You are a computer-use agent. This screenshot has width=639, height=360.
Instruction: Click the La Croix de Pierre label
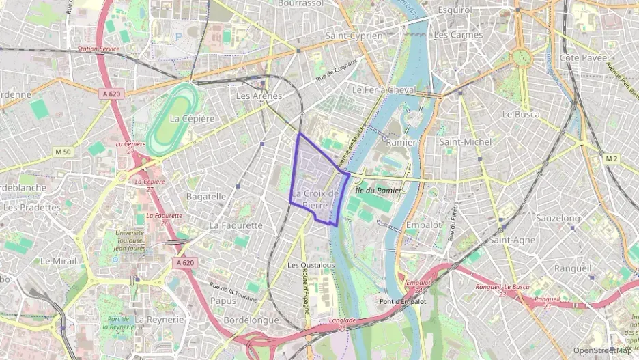pos(315,199)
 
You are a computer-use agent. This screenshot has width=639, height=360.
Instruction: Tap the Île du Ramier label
pos(378,190)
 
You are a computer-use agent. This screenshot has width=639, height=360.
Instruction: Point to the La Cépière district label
pos(192,119)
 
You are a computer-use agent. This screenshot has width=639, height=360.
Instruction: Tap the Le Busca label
pos(520,115)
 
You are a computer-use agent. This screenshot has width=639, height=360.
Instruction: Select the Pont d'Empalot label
pos(403,301)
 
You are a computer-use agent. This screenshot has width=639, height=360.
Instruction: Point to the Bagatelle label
pos(206,196)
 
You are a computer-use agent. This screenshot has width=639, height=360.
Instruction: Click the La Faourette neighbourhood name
pos(236,225)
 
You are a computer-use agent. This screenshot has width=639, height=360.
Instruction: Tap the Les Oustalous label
pos(311,265)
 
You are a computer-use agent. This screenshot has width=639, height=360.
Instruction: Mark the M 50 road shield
pos(63,151)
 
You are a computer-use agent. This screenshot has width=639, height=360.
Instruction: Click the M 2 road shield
pos(611,159)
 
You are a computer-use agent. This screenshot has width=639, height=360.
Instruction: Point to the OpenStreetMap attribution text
pos(602,350)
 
